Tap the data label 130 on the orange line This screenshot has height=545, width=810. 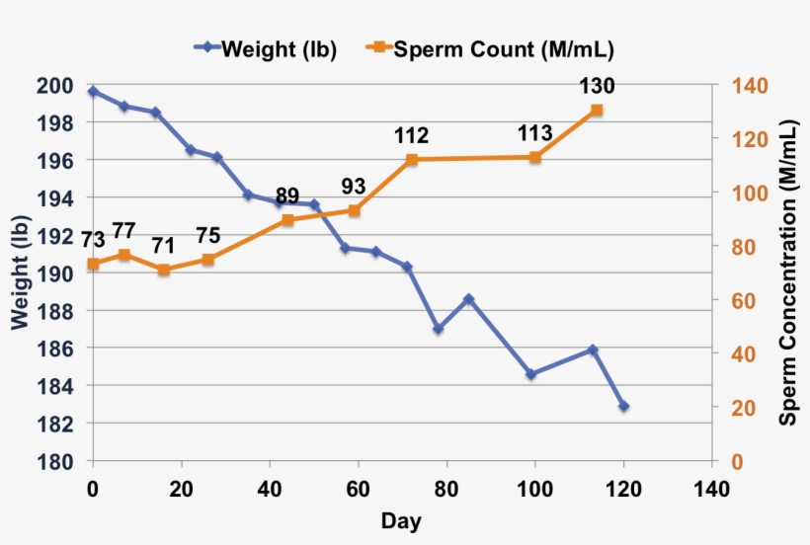point(597,88)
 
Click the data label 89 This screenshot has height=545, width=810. point(287,195)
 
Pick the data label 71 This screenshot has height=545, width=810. point(163,245)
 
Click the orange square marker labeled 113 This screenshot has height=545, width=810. point(535,157)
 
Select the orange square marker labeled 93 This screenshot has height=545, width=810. point(354,210)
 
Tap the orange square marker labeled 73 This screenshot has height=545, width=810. point(93,264)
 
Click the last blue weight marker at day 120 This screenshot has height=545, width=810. point(623,406)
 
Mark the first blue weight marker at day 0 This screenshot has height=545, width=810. point(93,91)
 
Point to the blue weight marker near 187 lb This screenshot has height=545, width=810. point(438,329)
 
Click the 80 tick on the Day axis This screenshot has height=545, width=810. point(446,488)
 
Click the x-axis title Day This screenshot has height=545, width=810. point(401,521)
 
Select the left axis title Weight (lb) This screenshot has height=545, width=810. point(21,273)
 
